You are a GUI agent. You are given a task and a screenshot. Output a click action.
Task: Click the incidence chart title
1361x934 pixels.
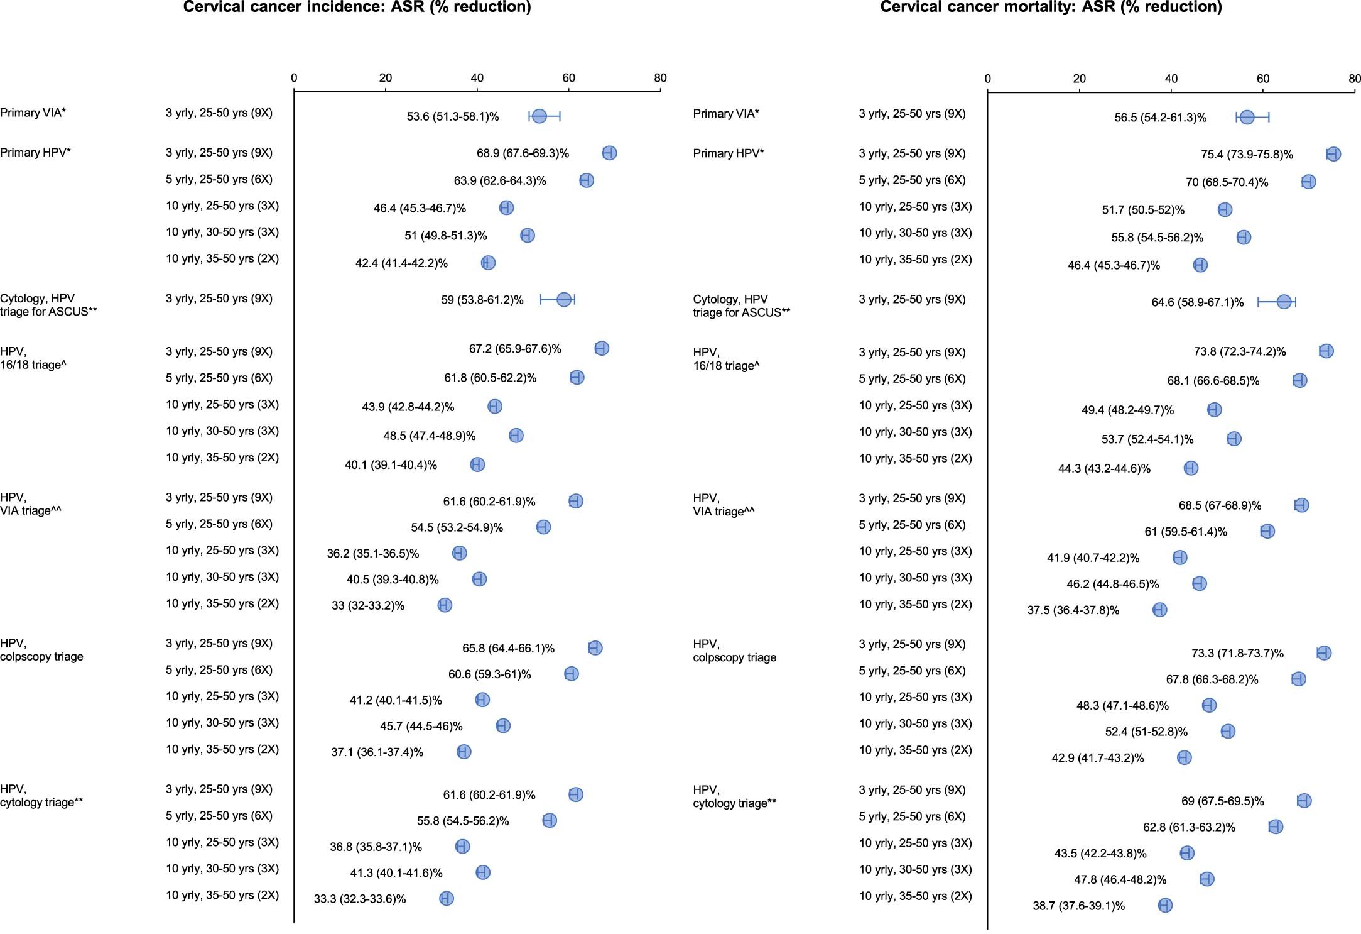pyautogui.click(x=357, y=7)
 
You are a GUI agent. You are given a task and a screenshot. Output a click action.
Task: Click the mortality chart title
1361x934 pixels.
pyautogui.click(x=1051, y=7)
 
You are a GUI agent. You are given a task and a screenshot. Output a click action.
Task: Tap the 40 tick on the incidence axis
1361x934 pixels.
pyautogui.click(x=477, y=79)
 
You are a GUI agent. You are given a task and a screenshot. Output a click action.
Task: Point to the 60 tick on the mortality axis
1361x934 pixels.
pyautogui.click(x=1262, y=79)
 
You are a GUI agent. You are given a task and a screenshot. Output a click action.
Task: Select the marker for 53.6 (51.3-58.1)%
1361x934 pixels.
pyautogui.click(x=539, y=116)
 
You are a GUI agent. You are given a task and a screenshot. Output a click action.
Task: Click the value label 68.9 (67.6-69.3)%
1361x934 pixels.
pyautogui.click(x=523, y=153)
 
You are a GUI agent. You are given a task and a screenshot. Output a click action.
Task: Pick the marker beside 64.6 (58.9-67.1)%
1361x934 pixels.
pyautogui.click(x=1284, y=302)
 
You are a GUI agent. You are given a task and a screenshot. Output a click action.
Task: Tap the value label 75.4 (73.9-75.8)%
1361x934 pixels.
pyautogui.click(x=1247, y=155)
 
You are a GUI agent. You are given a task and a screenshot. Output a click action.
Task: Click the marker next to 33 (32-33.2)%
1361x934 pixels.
pyautogui.click(x=445, y=605)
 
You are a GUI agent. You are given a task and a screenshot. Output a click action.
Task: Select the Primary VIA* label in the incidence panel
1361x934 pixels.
pyautogui.click(x=33, y=113)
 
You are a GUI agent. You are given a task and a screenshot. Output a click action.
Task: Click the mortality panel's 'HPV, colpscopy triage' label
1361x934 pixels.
pyautogui.click(x=734, y=651)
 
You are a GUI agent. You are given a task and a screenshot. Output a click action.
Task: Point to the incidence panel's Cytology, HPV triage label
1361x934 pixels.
pyautogui.click(x=48, y=305)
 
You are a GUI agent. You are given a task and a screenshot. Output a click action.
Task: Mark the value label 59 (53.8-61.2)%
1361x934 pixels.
pyautogui.click(x=482, y=300)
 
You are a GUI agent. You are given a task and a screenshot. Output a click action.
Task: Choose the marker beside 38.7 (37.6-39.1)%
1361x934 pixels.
pyautogui.click(x=1165, y=905)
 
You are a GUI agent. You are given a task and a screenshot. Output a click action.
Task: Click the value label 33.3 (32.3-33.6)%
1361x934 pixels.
pyautogui.click(x=360, y=899)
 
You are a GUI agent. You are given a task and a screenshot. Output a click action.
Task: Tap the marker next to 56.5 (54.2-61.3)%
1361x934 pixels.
pyautogui.click(x=1247, y=118)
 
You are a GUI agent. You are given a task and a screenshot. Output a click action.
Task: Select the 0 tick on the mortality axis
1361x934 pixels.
pyautogui.click(x=988, y=79)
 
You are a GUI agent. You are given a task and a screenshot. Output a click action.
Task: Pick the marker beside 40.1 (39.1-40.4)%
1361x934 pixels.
pyautogui.click(x=477, y=464)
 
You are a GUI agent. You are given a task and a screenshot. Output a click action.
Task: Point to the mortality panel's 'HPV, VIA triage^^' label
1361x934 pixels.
pyautogui.click(x=724, y=505)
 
